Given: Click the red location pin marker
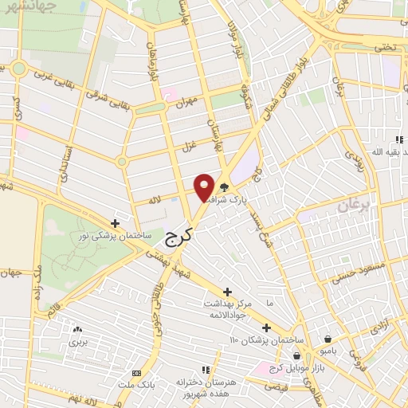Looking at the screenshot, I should click(x=205, y=186).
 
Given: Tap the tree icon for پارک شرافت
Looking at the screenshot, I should click(x=225, y=189).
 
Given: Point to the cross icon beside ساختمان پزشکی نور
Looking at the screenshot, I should click(x=116, y=223).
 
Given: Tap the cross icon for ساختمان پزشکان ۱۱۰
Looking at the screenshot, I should click(x=266, y=328).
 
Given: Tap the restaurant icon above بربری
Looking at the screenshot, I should click(x=76, y=329).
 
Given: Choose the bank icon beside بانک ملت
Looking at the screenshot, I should click(x=135, y=373).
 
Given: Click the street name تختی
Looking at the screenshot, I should click(x=386, y=46).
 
